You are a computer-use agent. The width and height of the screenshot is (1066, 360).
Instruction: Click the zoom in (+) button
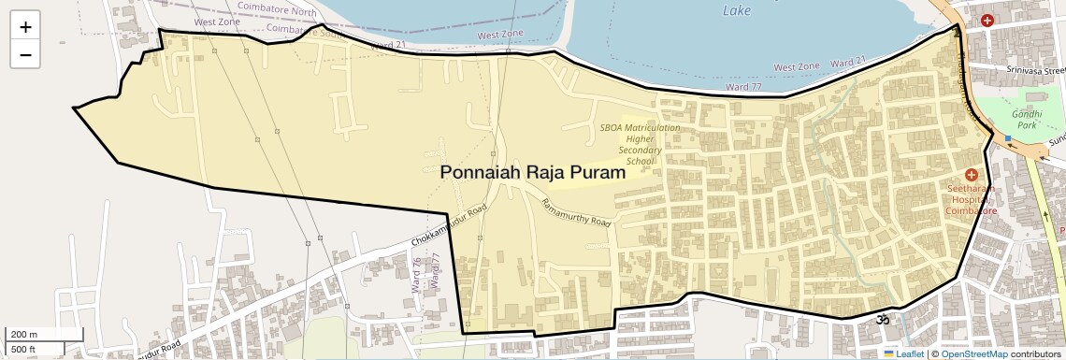(x=25, y=27)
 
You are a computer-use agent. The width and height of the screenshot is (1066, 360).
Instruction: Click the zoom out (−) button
(x=25, y=54)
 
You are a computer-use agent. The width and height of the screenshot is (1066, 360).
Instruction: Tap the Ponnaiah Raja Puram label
(x=531, y=172)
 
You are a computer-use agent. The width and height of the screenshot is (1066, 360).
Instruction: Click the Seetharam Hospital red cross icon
(x=971, y=175)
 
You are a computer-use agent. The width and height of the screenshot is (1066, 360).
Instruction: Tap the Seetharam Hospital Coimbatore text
(x=971, y=199)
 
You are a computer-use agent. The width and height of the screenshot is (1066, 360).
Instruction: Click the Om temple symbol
(x=879, y=320)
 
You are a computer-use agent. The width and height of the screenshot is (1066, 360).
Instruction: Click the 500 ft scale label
(x=24, y=350)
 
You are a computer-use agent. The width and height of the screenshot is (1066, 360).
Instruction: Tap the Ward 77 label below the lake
(x=744, y=87)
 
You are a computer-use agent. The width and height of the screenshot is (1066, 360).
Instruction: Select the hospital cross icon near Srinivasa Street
(x=987, y=21)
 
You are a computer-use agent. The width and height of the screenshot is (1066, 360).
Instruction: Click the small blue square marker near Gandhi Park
(x=1008, y=139)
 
